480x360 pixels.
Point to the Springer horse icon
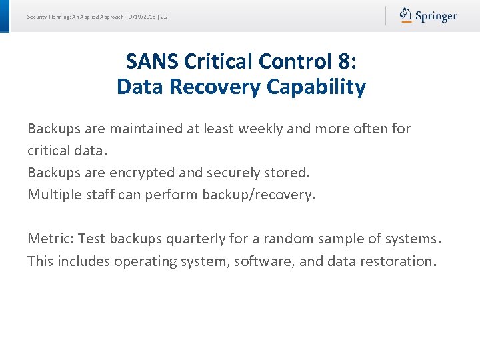(x=406, y=15)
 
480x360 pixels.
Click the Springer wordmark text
(x=436, y=16)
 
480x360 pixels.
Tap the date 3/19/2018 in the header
(x=142, y=17)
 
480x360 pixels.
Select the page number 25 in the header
(x=163, y=17)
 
